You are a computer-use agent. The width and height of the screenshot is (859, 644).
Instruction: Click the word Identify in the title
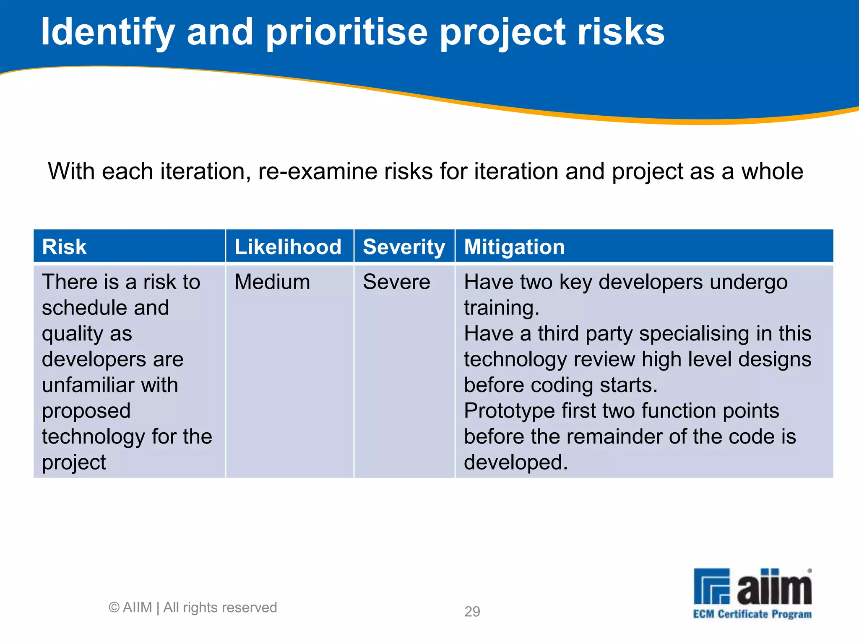107,33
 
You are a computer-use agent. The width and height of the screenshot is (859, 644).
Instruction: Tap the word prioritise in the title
346,33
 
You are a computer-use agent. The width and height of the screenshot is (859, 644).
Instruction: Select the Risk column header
64,247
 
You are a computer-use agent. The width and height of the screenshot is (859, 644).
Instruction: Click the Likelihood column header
288,247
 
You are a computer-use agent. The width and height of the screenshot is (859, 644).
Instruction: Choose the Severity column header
403,247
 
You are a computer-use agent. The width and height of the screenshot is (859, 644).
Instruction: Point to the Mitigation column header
514,247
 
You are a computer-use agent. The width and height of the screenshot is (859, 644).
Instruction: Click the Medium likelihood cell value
272,282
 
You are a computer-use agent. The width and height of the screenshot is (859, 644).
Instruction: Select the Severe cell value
396,282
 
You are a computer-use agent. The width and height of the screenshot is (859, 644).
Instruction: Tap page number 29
472,612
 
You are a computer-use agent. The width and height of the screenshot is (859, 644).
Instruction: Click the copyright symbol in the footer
114,608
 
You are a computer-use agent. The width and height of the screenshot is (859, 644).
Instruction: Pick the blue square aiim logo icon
711,586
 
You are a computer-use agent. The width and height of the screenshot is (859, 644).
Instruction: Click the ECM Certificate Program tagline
752,614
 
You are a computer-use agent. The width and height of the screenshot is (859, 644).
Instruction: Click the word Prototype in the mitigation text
509,411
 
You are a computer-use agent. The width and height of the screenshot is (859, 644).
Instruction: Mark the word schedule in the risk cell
78,308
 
